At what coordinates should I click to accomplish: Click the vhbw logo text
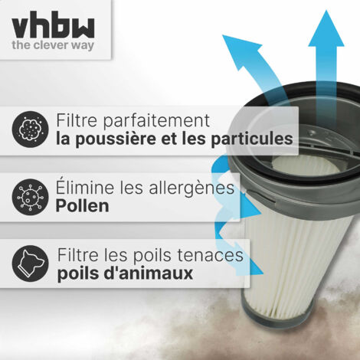point(53,25)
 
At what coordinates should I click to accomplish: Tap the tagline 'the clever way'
point(53,45)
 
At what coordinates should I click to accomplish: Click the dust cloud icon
point(30,129)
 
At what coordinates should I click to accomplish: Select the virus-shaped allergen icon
point(30,197)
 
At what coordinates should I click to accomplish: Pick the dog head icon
point(30,263)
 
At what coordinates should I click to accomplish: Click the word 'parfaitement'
point(156,121)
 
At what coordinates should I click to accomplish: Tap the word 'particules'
point(252,139)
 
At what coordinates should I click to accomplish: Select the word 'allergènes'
point(191,188)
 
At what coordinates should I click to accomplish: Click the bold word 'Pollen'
point(82,206)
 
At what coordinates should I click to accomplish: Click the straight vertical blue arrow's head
point(326,29)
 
